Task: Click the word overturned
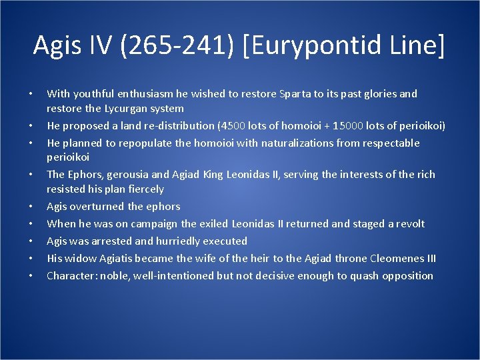[x=96, y=207]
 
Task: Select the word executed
[x=224, y=241]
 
